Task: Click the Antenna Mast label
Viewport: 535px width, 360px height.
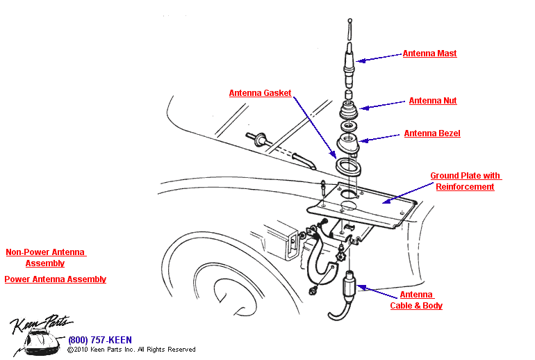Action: coord(429,54)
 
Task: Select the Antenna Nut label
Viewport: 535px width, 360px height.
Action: coord(432,101)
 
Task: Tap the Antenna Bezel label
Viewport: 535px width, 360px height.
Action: coord(431,133)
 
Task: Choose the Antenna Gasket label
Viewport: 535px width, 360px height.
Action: coord(260,93)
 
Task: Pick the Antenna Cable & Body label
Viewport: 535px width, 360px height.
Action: coord(416,300)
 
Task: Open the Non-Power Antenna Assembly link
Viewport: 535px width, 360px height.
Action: coord(45,258)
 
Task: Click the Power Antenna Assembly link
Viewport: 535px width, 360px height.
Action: coord(55,279)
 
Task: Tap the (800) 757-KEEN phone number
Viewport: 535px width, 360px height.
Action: coord(99,341)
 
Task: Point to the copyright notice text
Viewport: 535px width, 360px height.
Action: coord(131,350)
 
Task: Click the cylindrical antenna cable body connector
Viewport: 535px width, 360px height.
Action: coord(350,286)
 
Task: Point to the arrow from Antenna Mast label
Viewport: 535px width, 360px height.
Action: coord(379,58)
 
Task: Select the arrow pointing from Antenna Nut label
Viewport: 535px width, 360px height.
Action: coord(383,104)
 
